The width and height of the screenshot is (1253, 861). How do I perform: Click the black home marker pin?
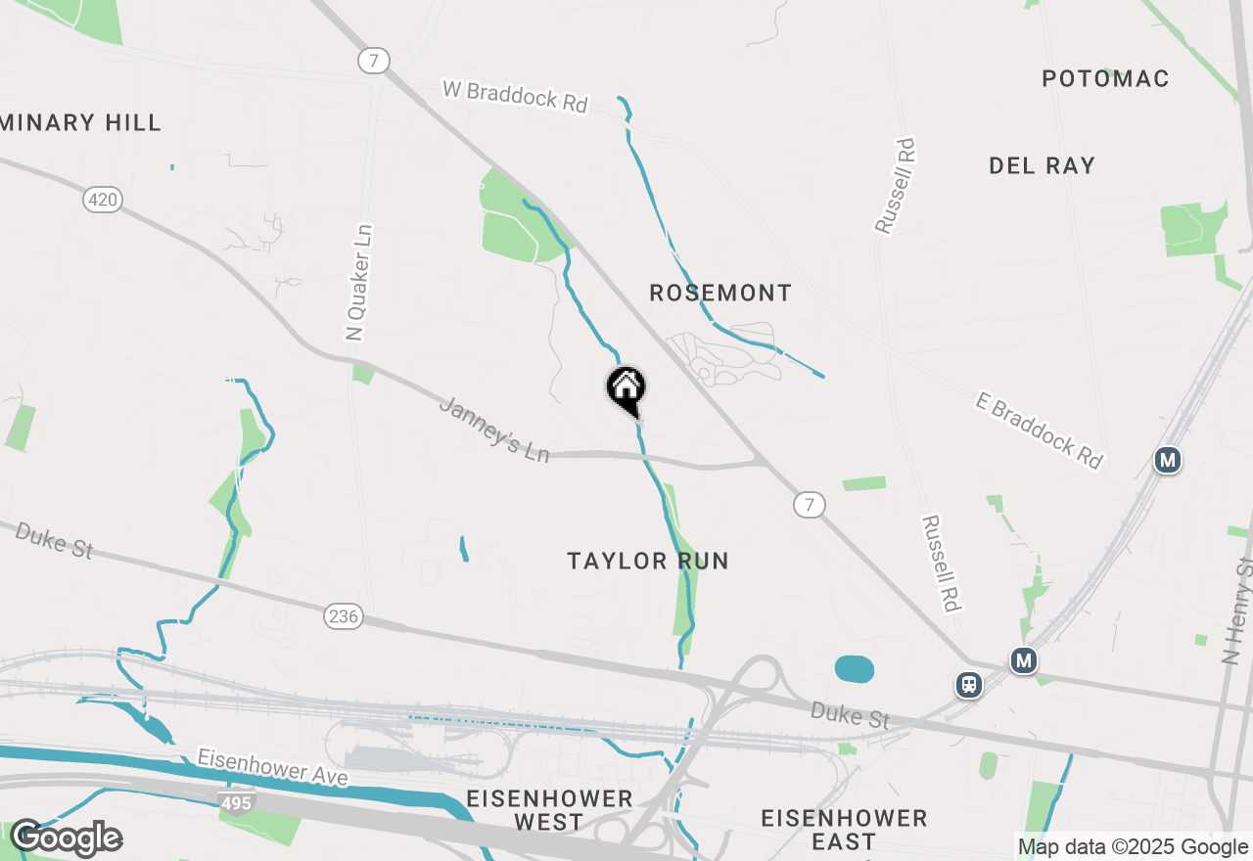[x=626, y=388]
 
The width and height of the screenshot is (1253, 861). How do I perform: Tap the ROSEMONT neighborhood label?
[x=720, y=293]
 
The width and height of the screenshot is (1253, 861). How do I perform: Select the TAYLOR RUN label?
[x=648, y=561]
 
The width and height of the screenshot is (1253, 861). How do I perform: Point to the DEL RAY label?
[x=1042, y=165]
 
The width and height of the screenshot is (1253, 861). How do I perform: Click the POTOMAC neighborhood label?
[x=1105, y=78]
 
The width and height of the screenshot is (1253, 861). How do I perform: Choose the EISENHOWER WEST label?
[x=549, y=810]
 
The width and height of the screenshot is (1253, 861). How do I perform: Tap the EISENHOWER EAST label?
[x=844, y=829]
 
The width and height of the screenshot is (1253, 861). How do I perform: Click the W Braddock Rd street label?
[x=515, y=95]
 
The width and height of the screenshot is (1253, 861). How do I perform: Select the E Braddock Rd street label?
[x=1039, y=430]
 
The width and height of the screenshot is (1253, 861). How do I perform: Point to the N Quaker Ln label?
[x=359, y=283]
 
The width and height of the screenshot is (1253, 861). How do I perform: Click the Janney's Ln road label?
[x=493, y=429]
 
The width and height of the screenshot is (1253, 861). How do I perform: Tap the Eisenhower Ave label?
[x=272, y=766]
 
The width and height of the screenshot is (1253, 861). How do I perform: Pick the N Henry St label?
[x=1238, y=612]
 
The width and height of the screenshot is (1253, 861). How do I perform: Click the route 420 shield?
[x=102, y=201]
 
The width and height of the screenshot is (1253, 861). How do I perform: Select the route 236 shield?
[x=344, y=616]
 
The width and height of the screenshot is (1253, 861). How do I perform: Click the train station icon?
[x=969, y=685]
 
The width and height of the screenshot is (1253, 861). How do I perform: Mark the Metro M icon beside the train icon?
[x=1024, y=660]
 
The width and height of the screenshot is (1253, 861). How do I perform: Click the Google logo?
[x=67, y=838]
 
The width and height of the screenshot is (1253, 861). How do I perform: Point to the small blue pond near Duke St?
[x=855, y=669]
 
